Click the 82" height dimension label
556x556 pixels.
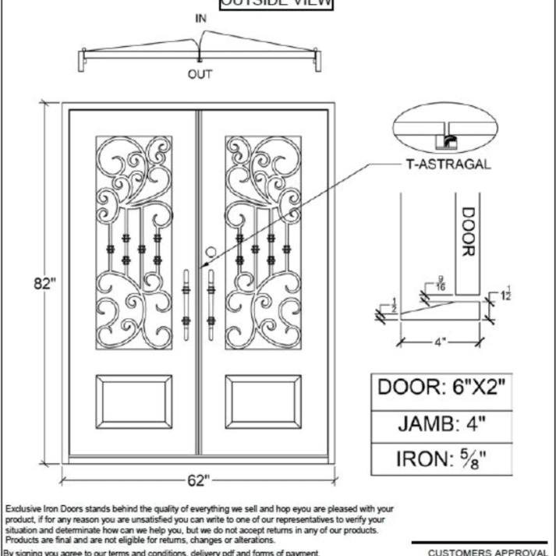[45, 283]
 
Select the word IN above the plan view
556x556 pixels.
[201, 17]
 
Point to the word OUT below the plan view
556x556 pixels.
[200, 75]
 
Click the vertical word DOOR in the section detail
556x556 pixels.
[467, 232]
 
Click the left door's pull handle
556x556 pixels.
[186, 305]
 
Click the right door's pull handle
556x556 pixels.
[211, 305]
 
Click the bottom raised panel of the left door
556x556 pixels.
[133, 400]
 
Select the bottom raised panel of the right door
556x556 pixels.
[263, 400]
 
